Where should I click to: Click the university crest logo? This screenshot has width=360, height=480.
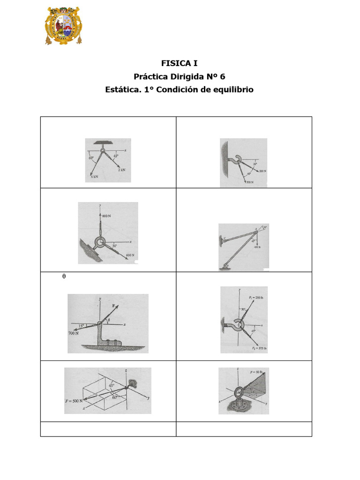click(x=63, y=25)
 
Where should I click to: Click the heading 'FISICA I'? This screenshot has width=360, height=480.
click(x=176, y=63)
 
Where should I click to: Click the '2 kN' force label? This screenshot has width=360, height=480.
click(x=122, y=171)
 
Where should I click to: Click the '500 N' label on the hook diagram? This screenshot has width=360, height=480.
click(x=249, y=181)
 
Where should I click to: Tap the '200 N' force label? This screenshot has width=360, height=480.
click(x=262, y=172)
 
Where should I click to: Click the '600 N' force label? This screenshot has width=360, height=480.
click(x=130, y=255)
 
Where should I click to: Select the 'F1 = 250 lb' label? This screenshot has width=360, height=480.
click(x=257, y=297)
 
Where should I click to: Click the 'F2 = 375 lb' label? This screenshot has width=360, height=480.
click(x=259, y=348)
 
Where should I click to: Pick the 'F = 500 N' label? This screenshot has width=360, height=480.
click(x=75, y=401)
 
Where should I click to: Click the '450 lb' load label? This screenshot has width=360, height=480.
click(x=257, y=247)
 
